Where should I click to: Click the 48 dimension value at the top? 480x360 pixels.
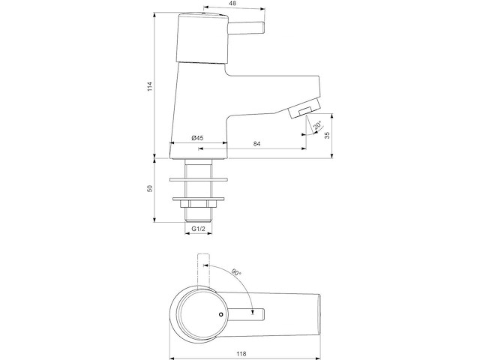(233, 3)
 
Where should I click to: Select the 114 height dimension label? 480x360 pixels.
(150, 86)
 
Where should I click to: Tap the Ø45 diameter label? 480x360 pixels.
(198, 138)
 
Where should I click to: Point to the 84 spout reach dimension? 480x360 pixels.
(257, 143)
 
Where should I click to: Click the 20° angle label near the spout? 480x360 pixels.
(318, 125)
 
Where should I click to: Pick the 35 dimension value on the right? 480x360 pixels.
(327, 135)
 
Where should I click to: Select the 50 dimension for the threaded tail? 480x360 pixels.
(150, 188)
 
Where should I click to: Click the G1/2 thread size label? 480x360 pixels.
(198, 228)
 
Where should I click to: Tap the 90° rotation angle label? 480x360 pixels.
(236, 272)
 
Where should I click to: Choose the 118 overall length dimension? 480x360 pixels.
(241, 354)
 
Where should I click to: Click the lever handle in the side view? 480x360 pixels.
(247, 28)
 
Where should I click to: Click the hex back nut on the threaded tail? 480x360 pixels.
(198, 204)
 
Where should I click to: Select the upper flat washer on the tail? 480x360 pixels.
(199, 179)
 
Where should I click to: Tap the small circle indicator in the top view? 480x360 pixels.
(220, 314)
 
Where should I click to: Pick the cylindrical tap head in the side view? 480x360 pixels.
(202, 38)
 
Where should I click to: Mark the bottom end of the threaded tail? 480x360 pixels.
(198, 220)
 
